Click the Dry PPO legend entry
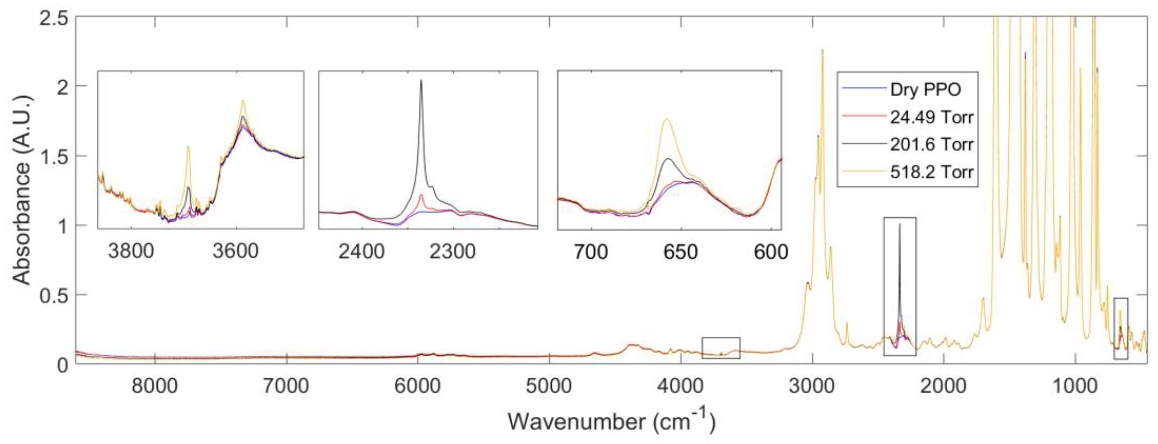click(x=925, y=89)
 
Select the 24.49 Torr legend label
click(x=931, y=117)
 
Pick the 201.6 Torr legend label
click(x=931, y=145)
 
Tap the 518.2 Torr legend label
click(x=931, y=172)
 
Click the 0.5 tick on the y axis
click(x=54, y=295)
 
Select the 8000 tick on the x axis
click(x=155, y=386)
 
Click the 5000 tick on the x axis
click(x=549, y=386)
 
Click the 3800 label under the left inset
click(x=131, y=251)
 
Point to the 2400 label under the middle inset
click(x=362, y=251)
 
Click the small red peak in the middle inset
click(x=421, y=195)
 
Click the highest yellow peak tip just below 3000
click(x=822, y=50)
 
